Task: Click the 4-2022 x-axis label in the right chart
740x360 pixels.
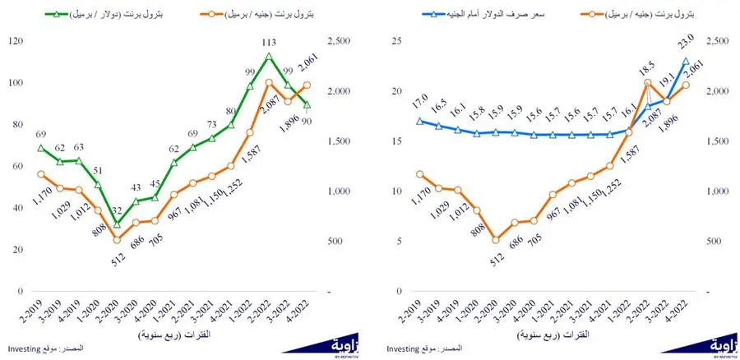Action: (x=682, y=312)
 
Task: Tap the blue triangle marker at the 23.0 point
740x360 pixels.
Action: (x=686, y=61)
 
